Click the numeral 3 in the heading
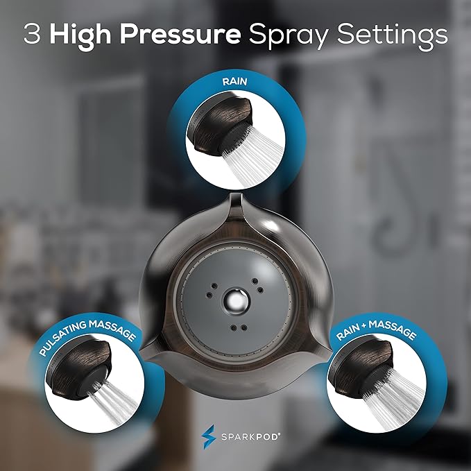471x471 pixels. pos(32,35)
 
